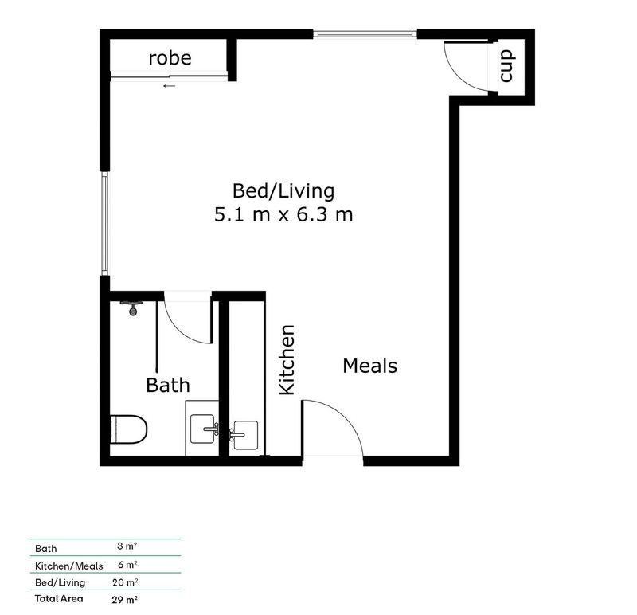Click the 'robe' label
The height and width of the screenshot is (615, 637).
pos(170,58)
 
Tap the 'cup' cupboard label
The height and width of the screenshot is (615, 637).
pos(507,65)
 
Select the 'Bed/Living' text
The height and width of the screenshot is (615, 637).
pos(283,191)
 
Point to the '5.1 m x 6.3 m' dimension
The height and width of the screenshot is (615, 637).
pos(283,214)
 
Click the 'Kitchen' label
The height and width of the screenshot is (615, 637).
pos(287,359)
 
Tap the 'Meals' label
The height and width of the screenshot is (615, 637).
pos(369,366)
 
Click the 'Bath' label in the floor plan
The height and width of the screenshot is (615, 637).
pos(168,386)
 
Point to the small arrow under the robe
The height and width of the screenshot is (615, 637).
pos(168,85)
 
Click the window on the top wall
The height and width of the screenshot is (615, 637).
pos(365,34)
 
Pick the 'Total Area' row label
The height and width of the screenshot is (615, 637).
pos(57,597)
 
